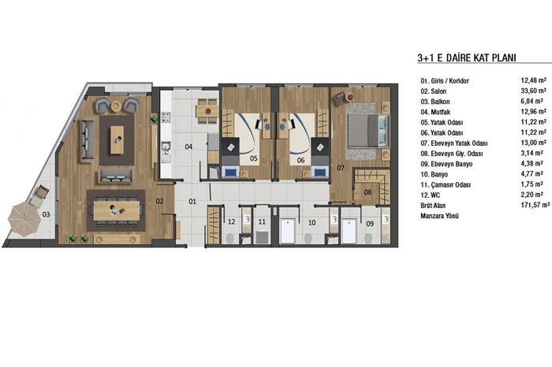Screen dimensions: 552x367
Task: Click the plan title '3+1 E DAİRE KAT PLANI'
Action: [467, 57]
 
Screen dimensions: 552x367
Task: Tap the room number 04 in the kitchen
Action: [188, 146]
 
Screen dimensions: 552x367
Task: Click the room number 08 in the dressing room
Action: [367, 192]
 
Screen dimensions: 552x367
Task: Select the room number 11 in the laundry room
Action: [262, 222]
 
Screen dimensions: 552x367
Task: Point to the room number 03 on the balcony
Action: [46, 214]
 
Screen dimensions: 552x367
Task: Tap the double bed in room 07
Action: [368, 131]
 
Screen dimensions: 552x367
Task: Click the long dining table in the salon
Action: [117, 210]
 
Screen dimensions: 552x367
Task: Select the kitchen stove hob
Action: [166, 117]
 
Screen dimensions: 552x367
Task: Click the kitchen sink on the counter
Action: [166, 149]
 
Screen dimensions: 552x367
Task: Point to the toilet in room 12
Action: [230, 239]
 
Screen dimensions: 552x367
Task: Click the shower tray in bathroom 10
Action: [288, 232]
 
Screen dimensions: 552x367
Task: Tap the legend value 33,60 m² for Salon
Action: [533, 91]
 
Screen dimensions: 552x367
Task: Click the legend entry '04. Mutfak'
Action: [435, 112]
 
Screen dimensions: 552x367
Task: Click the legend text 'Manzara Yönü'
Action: [439, 216]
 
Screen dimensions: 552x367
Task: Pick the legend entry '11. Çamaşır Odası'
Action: [446, 184]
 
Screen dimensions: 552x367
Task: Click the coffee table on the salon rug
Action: [117, 140]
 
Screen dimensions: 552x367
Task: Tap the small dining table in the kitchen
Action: [207, 111]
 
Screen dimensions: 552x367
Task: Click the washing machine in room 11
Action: [262, 236]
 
